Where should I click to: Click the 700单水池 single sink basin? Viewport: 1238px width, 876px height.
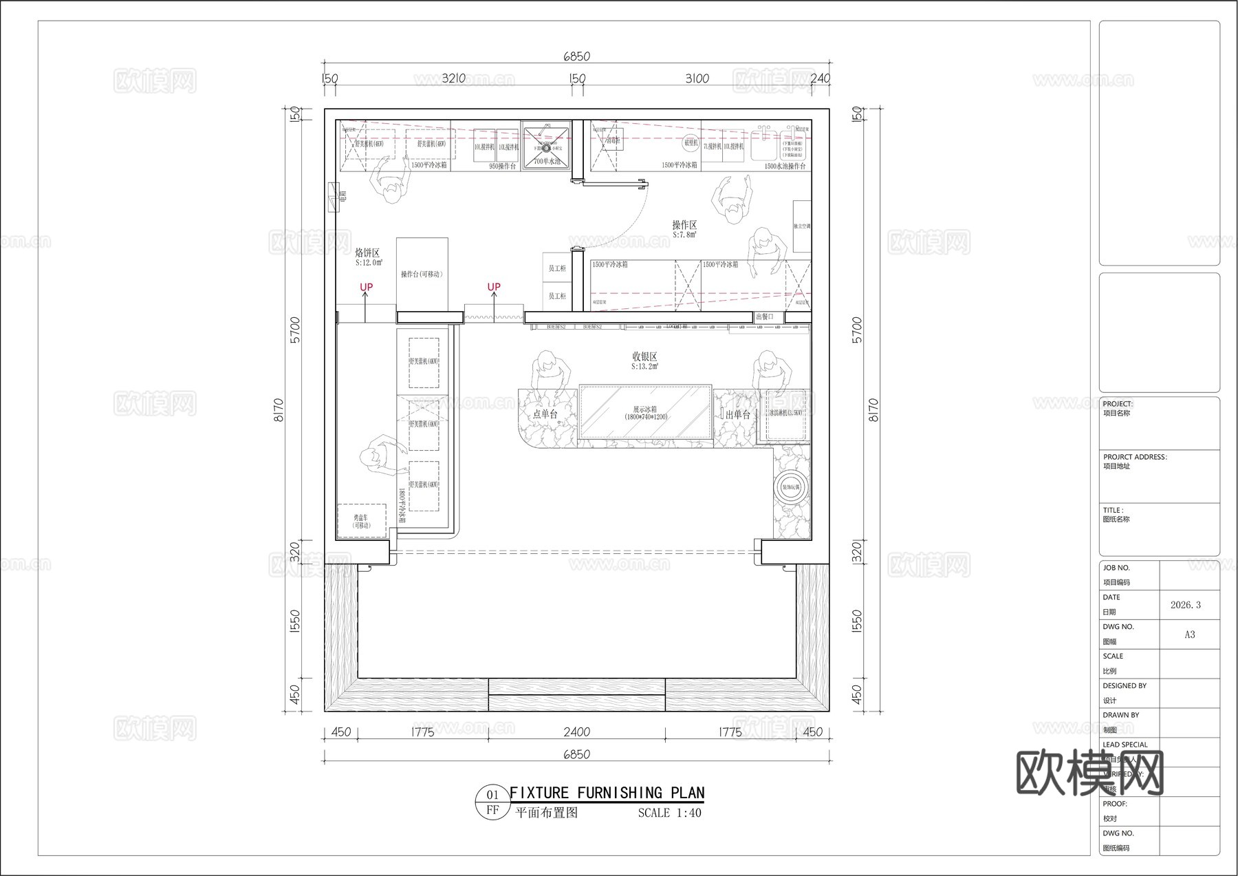click(x=547, y=145)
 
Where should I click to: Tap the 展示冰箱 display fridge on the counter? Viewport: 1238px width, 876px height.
click(x=645, y=412)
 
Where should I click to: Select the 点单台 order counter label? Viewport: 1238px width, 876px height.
click(x=545, y=414)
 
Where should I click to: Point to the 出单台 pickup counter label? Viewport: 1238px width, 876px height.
click(x=737, y=414)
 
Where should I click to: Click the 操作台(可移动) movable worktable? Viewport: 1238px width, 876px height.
click(x=422, y=274)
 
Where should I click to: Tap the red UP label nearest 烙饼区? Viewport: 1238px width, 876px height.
click(x=366, y=287)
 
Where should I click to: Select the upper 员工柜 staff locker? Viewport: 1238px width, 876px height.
click(x=556, y=268)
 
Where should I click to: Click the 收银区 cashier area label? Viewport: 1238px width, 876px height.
click(x=644, y=356)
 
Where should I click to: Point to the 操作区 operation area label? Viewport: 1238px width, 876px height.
click(x=684, y=225)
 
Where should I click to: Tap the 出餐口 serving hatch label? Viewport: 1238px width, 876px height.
click(x=764, y=317)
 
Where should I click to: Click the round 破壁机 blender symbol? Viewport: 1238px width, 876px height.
click(x=691, y=143)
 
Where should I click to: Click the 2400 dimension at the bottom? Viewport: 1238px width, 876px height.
click(x=576, y=731)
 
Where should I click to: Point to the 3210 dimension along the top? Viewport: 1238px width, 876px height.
click(x=453, y=78)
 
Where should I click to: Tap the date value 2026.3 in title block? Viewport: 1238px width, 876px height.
click(x=1186, y=605)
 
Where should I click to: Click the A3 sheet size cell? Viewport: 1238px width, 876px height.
click(x=1189, y=634)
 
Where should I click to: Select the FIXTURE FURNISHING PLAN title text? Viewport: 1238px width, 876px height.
click(x=607, y=793)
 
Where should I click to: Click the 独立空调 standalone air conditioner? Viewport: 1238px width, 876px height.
click(x=801, y=226)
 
